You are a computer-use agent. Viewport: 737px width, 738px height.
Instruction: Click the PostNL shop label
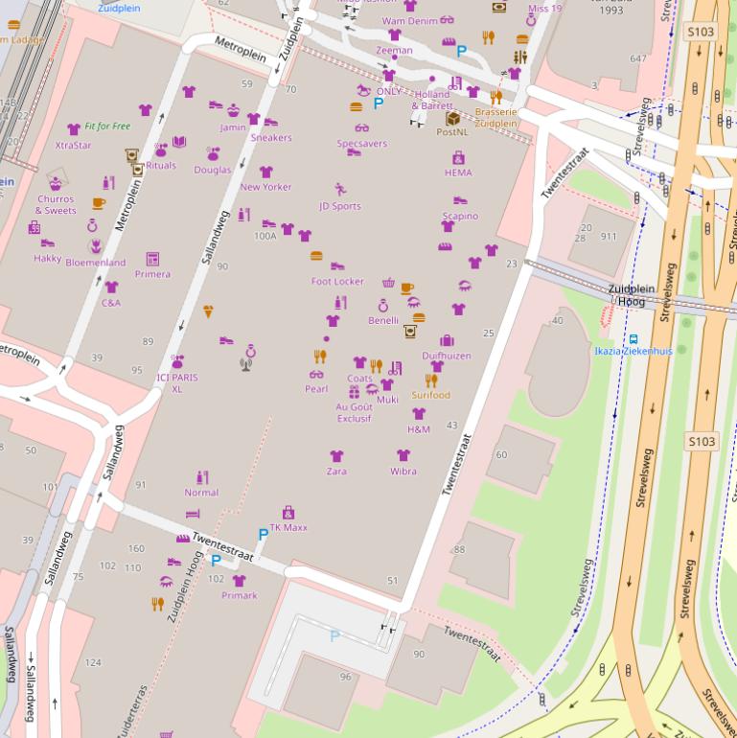(x=452, y=132)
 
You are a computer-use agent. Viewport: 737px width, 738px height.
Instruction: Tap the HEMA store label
(x=458, y=173)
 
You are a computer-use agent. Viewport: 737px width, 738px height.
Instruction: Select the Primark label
(x=239, y=595)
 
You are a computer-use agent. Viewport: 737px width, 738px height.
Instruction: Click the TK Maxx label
(x=288, y=527)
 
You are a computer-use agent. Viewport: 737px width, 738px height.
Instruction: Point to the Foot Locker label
(x=337, y=282)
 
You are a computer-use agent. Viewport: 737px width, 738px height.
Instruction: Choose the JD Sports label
(x=340, y=206)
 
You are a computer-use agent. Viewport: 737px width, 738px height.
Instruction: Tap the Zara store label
(x=336, y=472)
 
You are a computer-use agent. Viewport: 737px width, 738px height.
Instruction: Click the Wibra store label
(x=403, y=472)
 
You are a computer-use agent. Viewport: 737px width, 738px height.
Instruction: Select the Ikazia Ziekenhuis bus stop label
(x=633, y=351)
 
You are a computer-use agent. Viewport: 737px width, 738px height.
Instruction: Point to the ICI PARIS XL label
(x=177, y=383)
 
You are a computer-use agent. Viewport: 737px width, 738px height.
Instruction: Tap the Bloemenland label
(x=96, y=262)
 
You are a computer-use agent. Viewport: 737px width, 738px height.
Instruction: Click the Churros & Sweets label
(x=56, y=205)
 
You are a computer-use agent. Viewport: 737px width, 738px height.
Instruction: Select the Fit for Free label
(x=107, y=127)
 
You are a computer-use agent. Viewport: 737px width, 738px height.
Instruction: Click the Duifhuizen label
(x=447, y=356)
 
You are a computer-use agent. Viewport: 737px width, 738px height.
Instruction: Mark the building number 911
(x=609, y=236)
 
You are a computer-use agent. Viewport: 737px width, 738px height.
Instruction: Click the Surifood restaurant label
(x=431, y=395)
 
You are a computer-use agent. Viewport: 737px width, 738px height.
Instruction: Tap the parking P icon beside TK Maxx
(x=263, y=534)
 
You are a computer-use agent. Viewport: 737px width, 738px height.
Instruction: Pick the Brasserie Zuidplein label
(x=495, y=117)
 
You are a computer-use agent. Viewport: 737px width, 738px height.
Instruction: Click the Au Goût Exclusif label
(x=354, y=412)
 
